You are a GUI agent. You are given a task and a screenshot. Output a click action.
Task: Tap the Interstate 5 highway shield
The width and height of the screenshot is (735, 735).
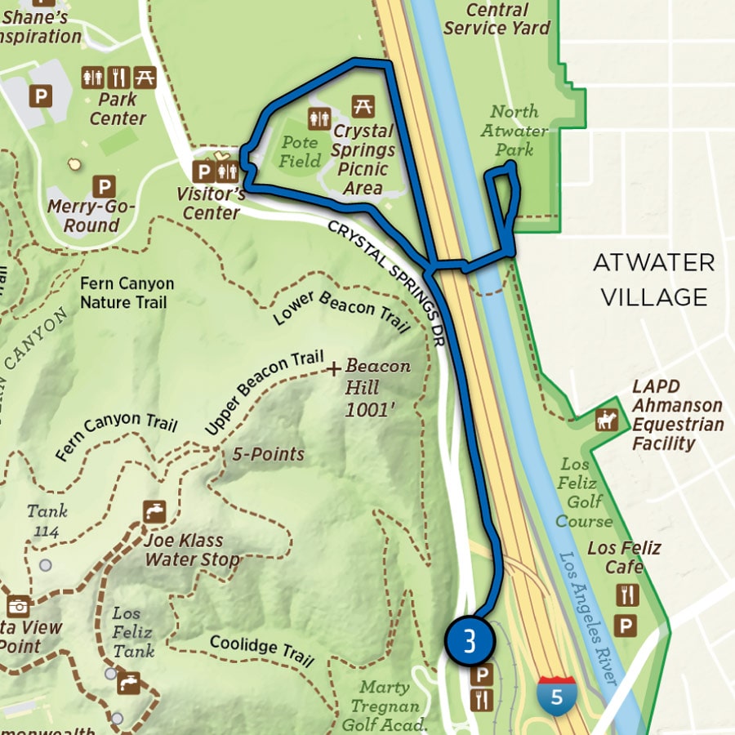click(556, 696)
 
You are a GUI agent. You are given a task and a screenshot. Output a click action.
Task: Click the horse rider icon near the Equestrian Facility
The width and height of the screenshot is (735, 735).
click(607, 420)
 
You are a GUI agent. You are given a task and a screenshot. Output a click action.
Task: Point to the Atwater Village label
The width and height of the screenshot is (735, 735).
click(654, 279)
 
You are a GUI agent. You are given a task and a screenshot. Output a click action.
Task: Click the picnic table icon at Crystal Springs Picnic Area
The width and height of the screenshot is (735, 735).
click(363, 106)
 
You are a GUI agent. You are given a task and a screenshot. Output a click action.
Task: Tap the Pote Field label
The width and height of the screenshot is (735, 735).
click(300, 151)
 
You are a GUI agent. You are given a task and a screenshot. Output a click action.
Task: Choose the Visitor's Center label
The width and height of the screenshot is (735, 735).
click(211, 203)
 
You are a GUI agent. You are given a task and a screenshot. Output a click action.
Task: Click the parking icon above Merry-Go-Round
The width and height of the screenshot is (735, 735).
click(103, 186)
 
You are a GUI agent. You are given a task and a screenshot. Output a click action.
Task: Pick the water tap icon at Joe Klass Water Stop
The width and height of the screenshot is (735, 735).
click(154, 511)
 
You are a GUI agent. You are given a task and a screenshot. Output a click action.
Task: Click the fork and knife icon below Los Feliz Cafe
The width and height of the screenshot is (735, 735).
click(626, 595)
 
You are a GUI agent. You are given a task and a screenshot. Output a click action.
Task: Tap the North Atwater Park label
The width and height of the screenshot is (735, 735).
click(514, 131)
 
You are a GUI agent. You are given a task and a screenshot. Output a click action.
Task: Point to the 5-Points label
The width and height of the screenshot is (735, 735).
click(268, 454)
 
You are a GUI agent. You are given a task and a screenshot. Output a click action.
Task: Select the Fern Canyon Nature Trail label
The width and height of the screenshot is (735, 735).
click(127, 293)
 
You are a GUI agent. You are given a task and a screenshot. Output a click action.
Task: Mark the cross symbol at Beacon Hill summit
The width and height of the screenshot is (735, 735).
click(333, 370)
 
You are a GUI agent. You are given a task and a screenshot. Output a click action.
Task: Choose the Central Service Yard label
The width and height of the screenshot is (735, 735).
click(497, 18)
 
